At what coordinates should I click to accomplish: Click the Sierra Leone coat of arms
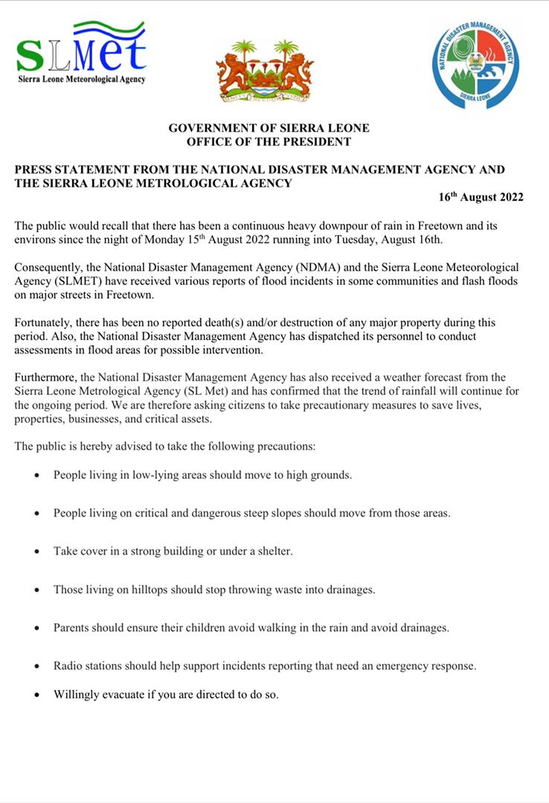tap(265, 71)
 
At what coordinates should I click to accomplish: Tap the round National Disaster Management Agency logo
tap(475, 65)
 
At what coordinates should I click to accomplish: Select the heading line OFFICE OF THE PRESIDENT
tap(269, 141)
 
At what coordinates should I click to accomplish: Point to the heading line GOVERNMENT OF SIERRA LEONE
tap(269, 129)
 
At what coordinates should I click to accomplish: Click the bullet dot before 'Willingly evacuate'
tap(36, 696)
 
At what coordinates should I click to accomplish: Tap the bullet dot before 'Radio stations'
tap(36, 667)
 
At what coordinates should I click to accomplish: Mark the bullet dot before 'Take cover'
tap(36, 552)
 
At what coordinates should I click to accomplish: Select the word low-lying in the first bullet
tap(145, 474)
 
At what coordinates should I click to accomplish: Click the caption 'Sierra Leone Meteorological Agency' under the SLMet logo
tap(81, 79)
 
